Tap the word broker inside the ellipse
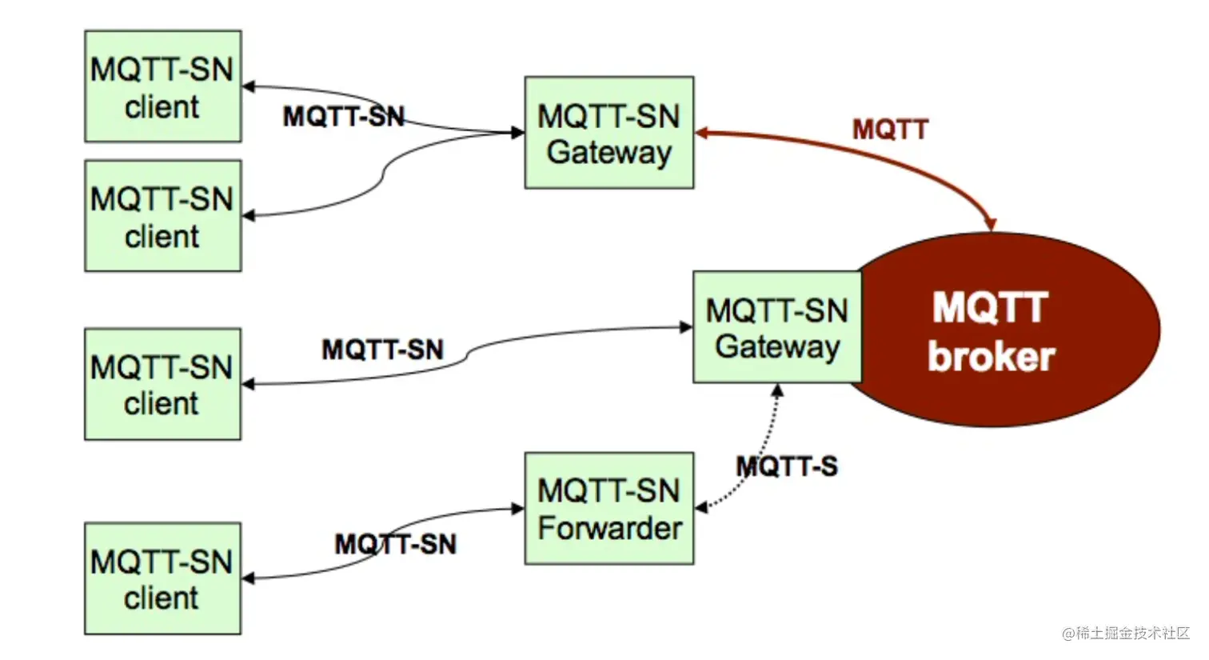click(991, 357)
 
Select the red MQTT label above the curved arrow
click(890, 130)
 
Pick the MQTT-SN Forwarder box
click(609, 509)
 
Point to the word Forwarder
click(609, 529)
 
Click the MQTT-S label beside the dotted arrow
click(787, 466)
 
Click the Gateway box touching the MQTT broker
click(777, 327)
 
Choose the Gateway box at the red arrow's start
click(609, 133)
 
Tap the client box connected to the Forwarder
click(162, 579)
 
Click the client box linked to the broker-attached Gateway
click(162, 384)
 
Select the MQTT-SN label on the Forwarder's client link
click(395, 545)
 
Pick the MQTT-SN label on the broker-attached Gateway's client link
click(382, 350)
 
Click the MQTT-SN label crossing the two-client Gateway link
click(344, 117)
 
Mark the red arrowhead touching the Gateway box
click(702, 133)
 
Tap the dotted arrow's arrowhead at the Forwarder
click(701, 507)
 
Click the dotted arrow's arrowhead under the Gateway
click(777, 390)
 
